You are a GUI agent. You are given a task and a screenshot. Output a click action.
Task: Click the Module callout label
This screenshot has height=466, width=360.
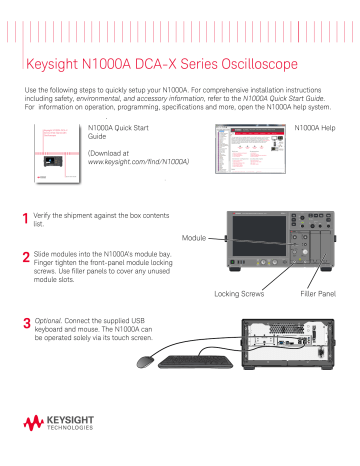coord(197,238)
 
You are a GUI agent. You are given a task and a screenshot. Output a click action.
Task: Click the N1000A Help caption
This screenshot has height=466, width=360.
coord(318,129)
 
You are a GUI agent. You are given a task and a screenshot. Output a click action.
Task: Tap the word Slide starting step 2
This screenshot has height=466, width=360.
coord(43,256)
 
